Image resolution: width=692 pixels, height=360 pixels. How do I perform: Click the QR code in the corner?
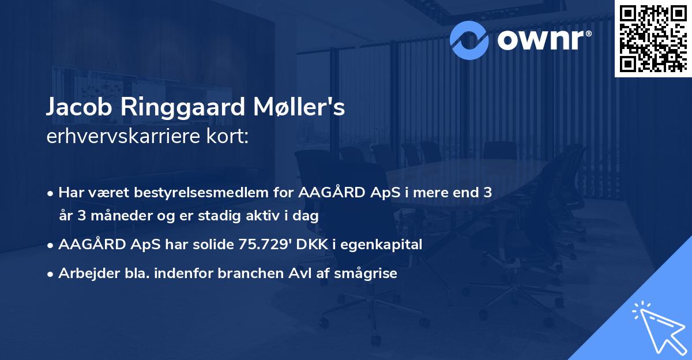pyautogui.click(x=653, y=38)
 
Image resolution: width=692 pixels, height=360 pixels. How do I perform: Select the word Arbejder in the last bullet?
pyautogui.click(x=84, y=273)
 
